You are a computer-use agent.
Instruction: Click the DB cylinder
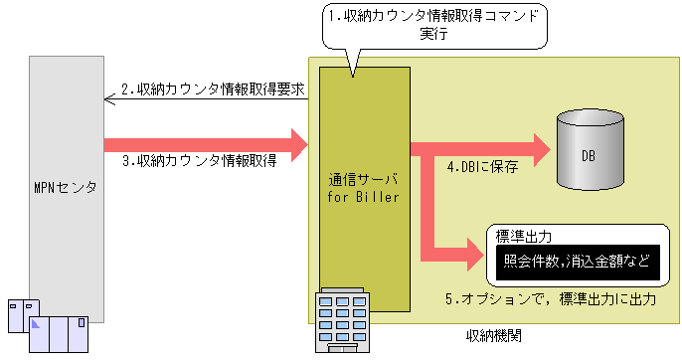[x=590, y=150]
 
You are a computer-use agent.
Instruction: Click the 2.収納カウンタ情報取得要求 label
[x=213, y=89]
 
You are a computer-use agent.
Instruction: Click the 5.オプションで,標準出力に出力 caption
[x=562, y=299]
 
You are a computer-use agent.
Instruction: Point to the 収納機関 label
[x=494, y=333]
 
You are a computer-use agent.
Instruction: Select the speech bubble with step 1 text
[x=434, y=25]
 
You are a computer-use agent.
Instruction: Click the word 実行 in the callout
[x=435, y=35]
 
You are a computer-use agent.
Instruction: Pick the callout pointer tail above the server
[x=350, y=60]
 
